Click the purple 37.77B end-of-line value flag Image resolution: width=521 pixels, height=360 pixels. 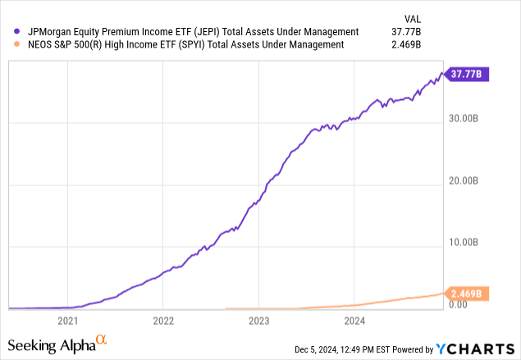tap(467, 75)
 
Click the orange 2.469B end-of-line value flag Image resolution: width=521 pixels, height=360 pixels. tap(467, 294)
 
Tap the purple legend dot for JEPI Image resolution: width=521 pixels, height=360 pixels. tap(8, 32)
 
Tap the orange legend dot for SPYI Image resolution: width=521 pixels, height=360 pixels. tap(8, 44)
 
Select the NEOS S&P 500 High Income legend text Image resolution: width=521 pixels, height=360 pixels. tap(181, 44)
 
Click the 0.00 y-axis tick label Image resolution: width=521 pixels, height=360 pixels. tap(457, 304)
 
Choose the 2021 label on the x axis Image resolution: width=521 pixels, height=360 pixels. tap(68, 320)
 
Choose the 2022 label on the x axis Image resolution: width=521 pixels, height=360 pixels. tap(163, 320)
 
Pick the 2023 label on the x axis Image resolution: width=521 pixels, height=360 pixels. tap(258, 320)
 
